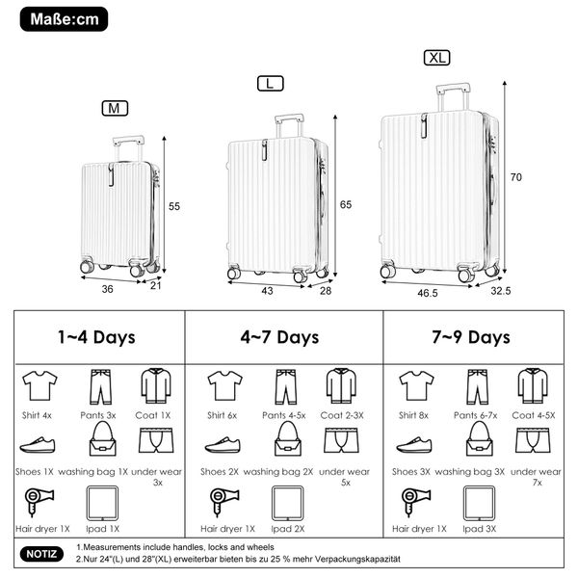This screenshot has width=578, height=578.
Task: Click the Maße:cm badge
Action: (64, 19)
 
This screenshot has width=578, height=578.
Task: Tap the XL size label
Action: (436, 58)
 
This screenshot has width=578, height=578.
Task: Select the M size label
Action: (115, 108)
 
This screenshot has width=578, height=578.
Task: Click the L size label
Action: (270, 83)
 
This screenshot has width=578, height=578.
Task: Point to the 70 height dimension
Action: (516, 177)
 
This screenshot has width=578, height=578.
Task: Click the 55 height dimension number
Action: (174, 206)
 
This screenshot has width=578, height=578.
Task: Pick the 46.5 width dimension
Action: (428, 293)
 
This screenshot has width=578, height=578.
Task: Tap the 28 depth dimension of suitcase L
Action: (326, 291)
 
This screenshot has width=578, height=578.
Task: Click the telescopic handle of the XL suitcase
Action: (453, 97)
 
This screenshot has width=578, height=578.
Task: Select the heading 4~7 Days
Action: (279, 337)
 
